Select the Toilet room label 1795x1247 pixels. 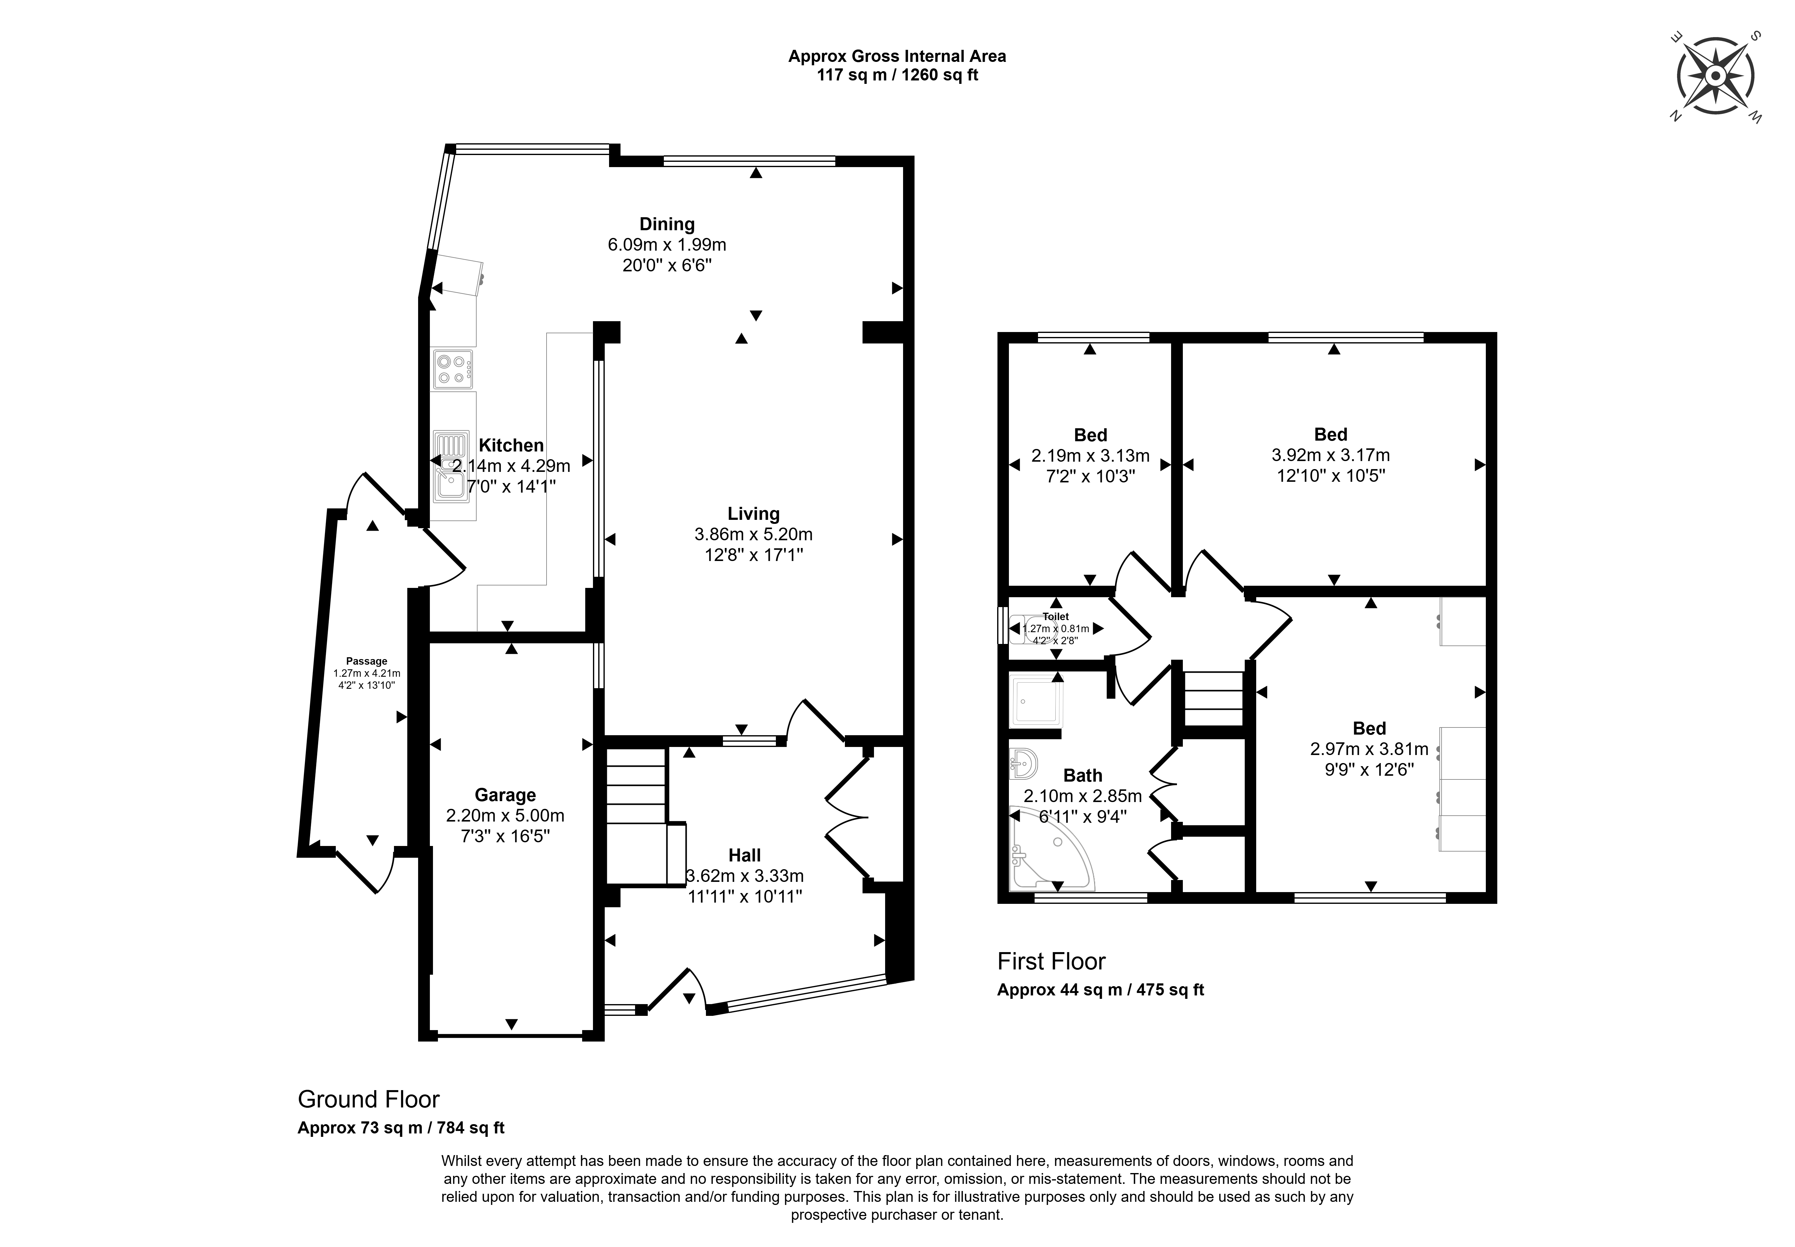click(1056, 616)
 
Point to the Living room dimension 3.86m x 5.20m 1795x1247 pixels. click(753, 534)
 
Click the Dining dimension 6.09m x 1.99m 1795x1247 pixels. click(667, 244)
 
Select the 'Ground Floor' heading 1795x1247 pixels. click(369, 1099)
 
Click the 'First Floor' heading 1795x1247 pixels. click(1051, 961)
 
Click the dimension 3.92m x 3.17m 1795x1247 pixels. click(1331, 455)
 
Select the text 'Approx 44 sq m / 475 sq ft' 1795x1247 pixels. click(1100, 990)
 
